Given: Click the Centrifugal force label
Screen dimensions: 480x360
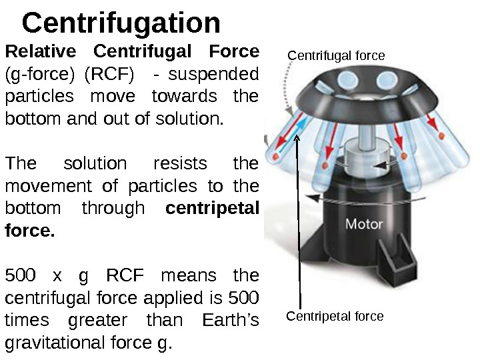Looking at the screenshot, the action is tap(336, 56).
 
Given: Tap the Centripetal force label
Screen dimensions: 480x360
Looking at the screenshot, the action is tap(335, 316).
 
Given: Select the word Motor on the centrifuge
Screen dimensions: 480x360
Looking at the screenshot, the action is tap(364, 223).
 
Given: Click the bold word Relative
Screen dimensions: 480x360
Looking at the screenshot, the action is tap(39, 51).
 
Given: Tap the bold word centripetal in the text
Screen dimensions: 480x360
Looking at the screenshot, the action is tap(211, 209).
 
